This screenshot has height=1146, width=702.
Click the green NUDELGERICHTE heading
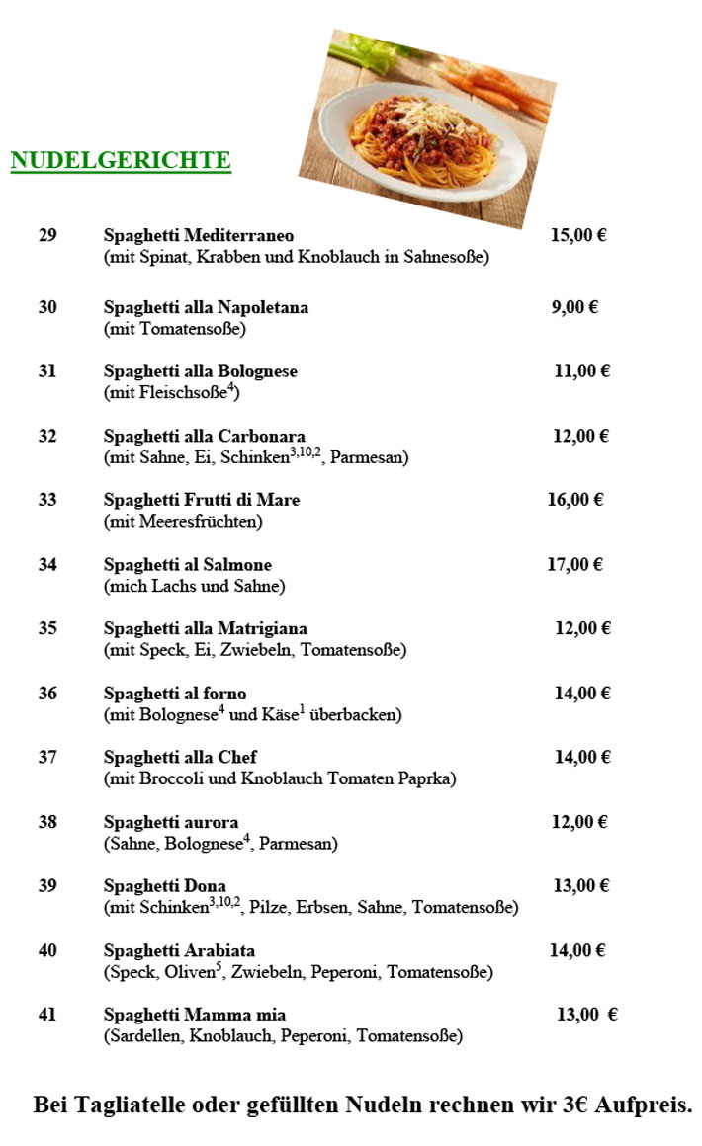(121, 160)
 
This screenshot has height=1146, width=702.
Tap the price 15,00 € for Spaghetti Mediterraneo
(577, 235)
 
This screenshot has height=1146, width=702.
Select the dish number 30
(47, 307)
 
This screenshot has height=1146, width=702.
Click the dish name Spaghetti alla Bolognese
(201, 371)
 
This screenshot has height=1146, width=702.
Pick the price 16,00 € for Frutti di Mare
(574, 500)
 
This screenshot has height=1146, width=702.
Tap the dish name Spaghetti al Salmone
(188, 565)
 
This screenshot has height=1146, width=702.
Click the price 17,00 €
(574, 565)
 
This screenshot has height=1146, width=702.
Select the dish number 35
(47, 628)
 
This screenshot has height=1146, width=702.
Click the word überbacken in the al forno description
(355, 714)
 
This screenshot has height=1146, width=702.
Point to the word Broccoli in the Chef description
(172, 778)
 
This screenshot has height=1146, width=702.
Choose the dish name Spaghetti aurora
(171, 822)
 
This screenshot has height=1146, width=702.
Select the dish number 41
(47, 1015)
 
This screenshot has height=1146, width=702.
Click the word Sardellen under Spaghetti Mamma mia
(142, 1036)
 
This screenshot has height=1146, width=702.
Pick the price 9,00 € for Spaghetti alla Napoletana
(574, 307)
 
